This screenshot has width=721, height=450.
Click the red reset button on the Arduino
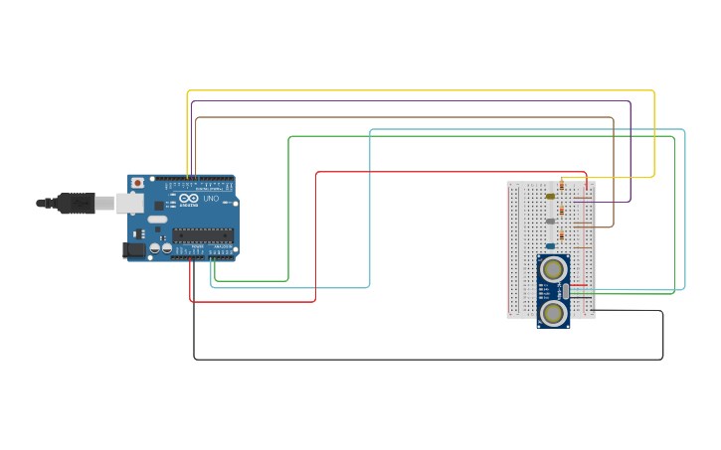click(137, 184)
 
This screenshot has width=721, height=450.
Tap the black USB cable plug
click(76, 203)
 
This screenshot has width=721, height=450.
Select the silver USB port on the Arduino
click(130, 203)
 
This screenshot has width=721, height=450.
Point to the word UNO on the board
click(211, 199)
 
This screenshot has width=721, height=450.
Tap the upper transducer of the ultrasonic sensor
click(553, 268)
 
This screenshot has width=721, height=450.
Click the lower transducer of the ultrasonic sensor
click(553, 313)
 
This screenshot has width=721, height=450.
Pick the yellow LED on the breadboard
click(550, 196)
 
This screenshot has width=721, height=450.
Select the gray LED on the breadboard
click(550, 221)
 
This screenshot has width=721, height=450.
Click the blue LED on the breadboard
click(550, 245)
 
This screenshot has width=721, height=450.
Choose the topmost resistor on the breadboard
click(562, 185)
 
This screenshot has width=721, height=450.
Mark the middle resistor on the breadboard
click(562, 210)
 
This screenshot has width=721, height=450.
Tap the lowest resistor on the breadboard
click(562, 235)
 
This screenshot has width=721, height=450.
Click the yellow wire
click(418, 91)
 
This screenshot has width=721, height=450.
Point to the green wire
click(477, 137)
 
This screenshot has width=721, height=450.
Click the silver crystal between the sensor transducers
click(564, 291)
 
